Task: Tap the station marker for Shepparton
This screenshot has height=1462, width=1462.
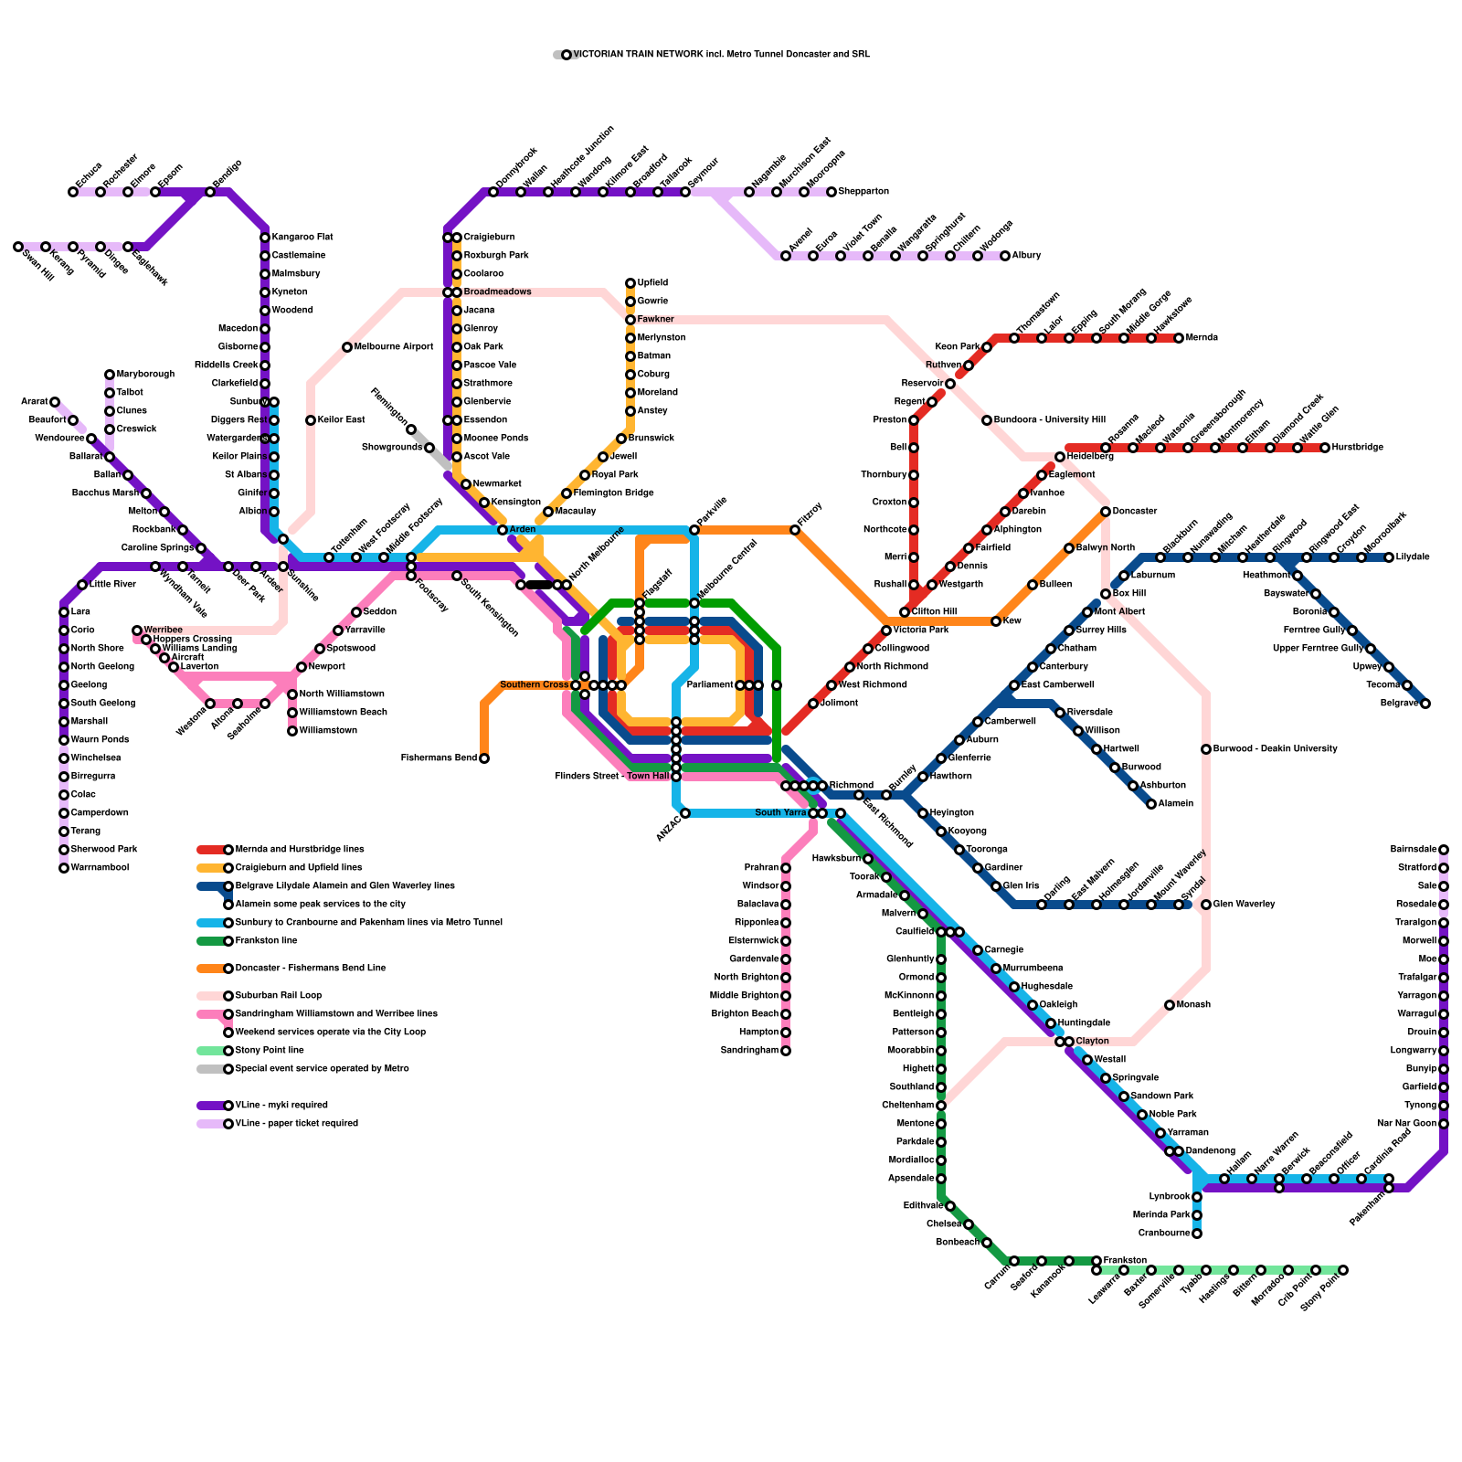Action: (832, 192)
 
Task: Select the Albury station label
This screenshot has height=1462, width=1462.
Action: (1026, 256)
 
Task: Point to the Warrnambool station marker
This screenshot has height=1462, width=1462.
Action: (64, 868)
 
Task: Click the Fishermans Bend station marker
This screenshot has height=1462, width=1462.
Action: (484, 758)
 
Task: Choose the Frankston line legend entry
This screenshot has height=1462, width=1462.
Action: (266, 941)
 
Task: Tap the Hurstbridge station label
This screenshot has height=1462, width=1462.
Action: (1357, 448)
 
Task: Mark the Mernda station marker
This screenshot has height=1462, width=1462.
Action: (1179, 338)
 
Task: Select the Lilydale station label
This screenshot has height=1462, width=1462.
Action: (1413, 557)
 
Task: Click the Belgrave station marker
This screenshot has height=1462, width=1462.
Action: (1425, 704)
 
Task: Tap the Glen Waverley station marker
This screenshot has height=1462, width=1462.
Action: (1206, 905)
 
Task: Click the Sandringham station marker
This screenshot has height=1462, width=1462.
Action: (786, 1051)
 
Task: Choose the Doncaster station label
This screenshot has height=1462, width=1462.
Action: (1135, 512)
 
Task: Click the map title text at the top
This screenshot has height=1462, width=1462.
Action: (721, 55)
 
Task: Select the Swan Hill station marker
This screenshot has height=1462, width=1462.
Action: (18, 247)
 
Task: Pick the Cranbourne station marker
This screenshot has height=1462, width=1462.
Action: (1197, 1234)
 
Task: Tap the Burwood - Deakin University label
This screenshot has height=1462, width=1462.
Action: (1275, 749)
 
